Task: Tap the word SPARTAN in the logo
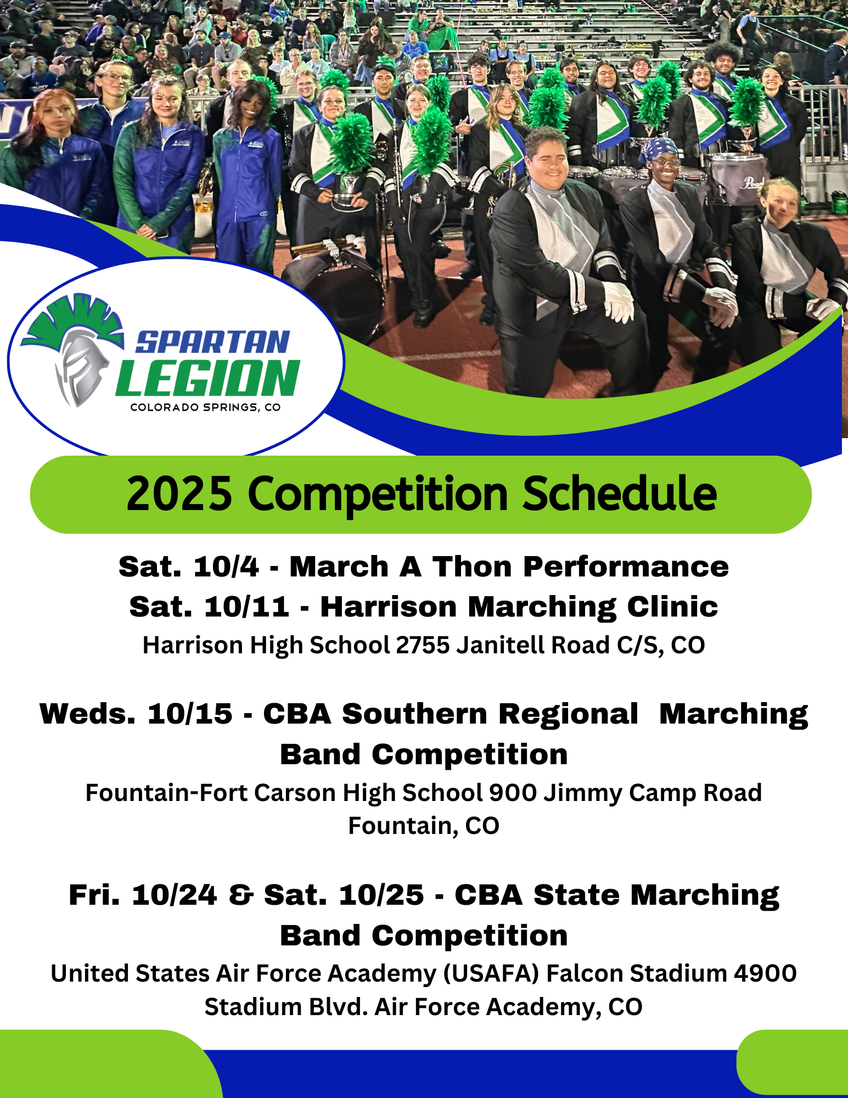[212, 343]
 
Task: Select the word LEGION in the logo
[207, 378]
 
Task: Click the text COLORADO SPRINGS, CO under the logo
[205, 407]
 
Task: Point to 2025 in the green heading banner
[179, 494]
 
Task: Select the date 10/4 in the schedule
[226, 567]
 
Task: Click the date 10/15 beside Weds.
[190, 714]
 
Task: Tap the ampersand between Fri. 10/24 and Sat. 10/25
[241, 895]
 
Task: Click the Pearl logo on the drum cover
[751, 182]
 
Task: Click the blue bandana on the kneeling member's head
[660, 148]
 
